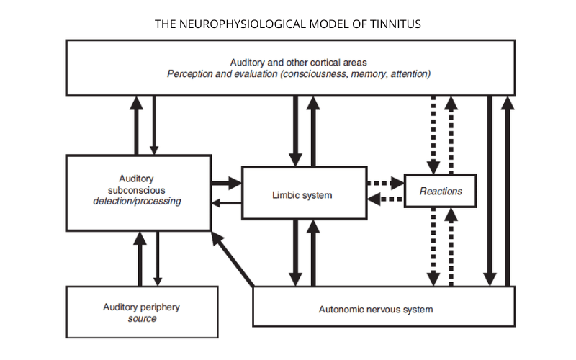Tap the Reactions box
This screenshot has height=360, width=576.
(x=440, y=192)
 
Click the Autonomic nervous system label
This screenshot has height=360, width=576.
(x=376, y=310)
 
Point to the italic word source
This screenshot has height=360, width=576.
(x=141, y=318)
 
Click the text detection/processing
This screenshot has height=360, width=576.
(x=137, y=202)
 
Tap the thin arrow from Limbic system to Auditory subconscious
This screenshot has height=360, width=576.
(x=225, y=204)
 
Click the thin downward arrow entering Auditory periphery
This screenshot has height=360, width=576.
(x=157, y=258)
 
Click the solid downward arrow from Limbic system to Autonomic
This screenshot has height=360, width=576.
(x=294, y=253)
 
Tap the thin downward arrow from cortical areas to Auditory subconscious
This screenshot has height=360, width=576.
(x=154, y=124)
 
